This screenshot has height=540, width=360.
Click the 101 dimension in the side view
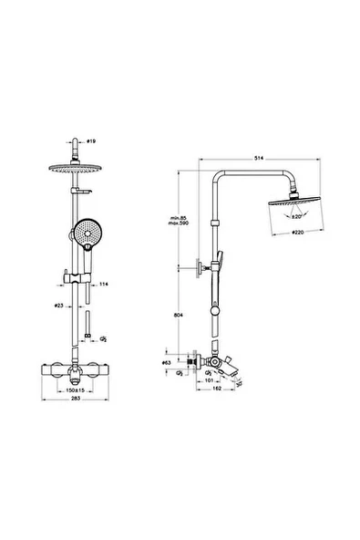tap(210, 381)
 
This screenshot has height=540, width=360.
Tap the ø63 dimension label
tap(167, 363)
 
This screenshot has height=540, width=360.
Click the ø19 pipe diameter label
tap(89, 142)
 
